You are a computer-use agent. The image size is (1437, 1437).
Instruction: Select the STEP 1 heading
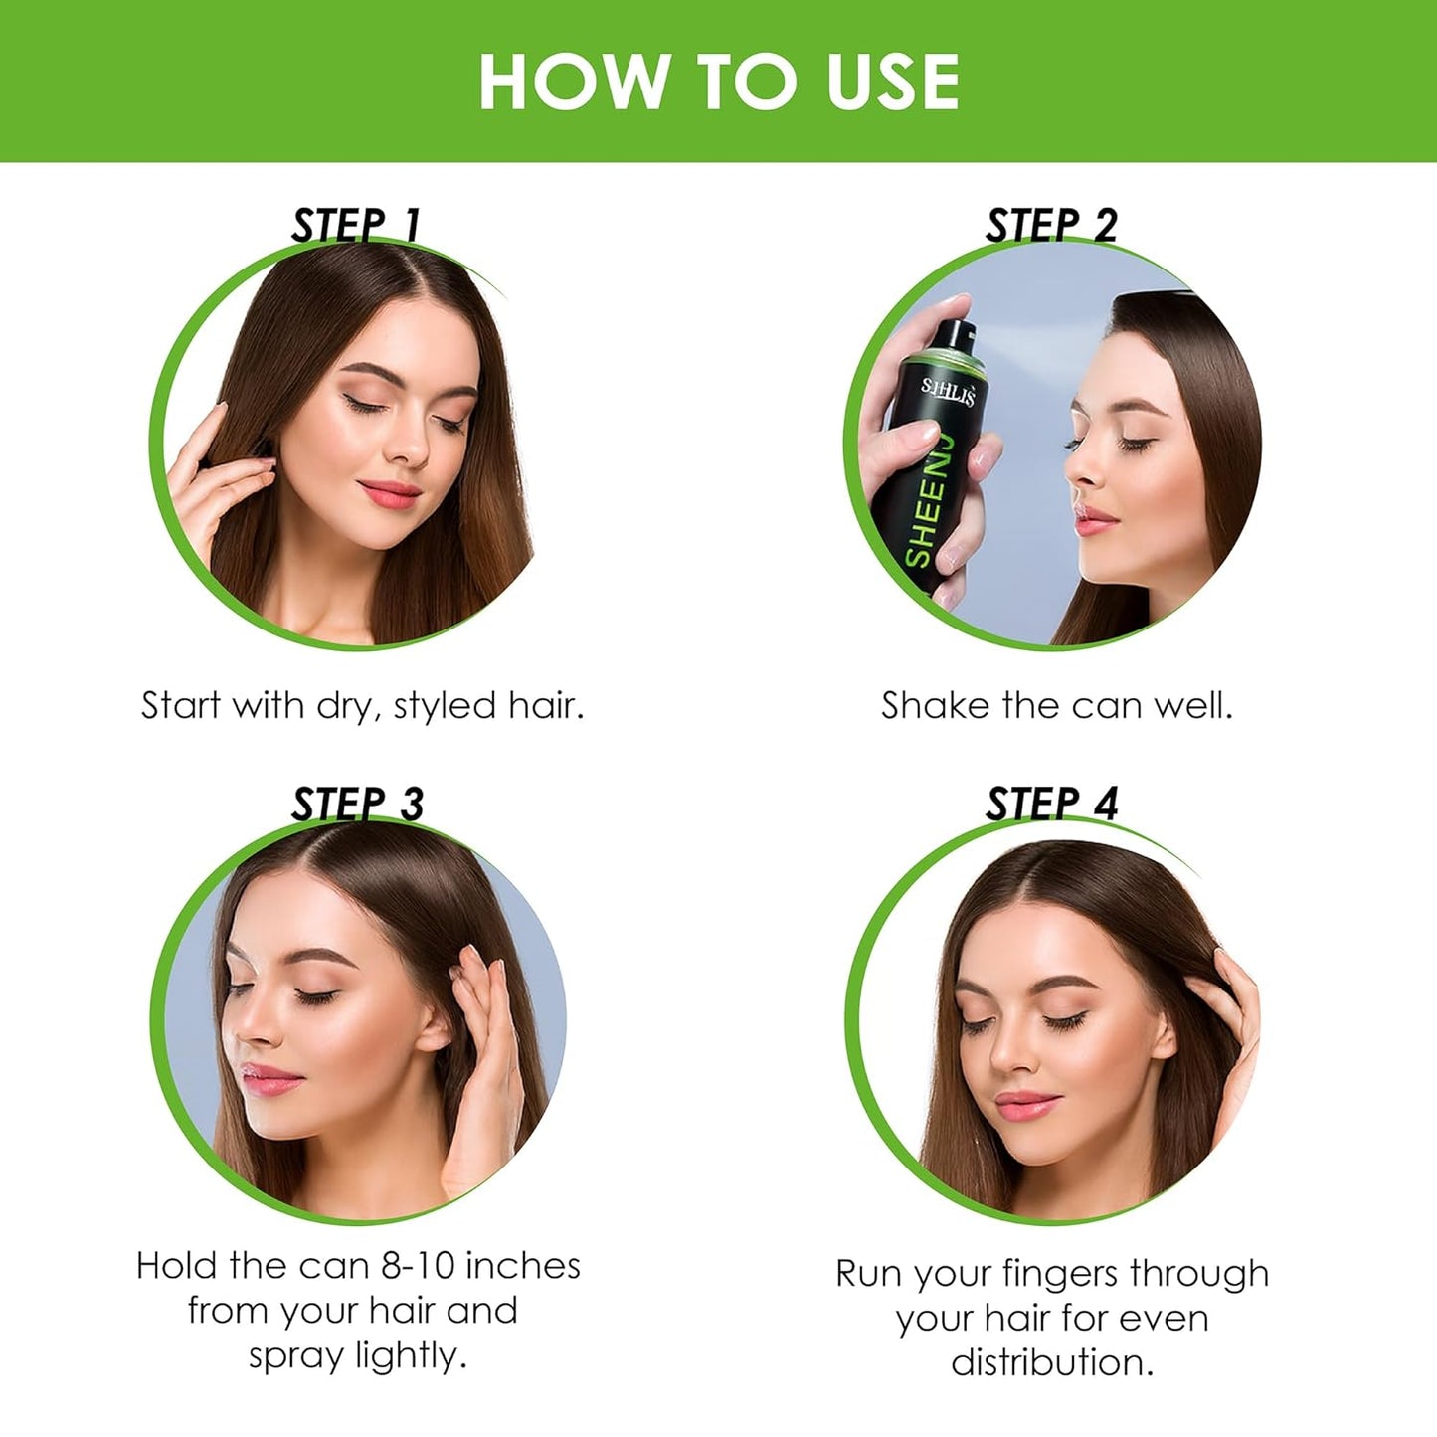355,225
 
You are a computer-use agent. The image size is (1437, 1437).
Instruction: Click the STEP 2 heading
1051,225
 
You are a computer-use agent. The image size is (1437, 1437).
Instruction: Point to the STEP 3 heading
357,804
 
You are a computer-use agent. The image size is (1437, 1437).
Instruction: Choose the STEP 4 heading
1051,804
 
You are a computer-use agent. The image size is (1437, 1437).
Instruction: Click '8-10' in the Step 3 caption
418,1266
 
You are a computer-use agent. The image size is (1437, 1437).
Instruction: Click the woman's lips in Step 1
391,492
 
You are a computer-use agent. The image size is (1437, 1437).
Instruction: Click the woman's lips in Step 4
1027,1104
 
